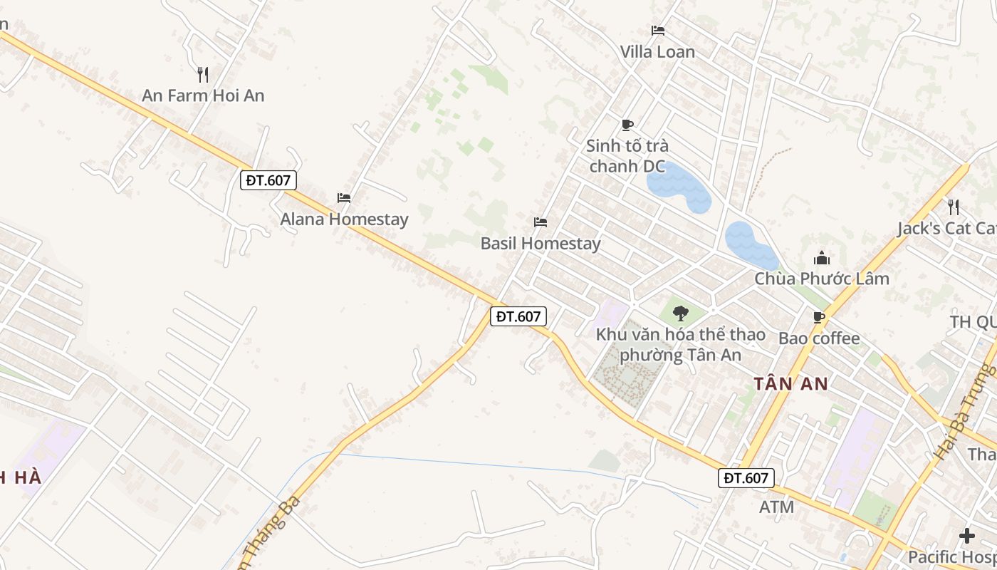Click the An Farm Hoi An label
(203, 95)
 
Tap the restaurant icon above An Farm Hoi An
(203, 74)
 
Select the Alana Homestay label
(344, 219)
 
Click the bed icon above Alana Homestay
(344, 197)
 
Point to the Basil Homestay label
(541, 243)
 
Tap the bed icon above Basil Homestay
(541, 222)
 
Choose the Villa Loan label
(657, 52)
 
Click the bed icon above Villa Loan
(658, 31)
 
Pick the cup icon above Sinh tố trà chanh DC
(627, 125)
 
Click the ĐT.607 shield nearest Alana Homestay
(268, 180)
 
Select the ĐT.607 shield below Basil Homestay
(518, 316)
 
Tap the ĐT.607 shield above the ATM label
(746, 478)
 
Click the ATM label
(776, 507)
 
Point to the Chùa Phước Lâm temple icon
(822, 258)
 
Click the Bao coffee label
(819, 338)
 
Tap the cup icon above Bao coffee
(819, 317)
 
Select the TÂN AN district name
(790, 384)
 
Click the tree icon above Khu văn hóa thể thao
(681, 313)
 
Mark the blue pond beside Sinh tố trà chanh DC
(678, 187)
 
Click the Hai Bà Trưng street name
(966, 413)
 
